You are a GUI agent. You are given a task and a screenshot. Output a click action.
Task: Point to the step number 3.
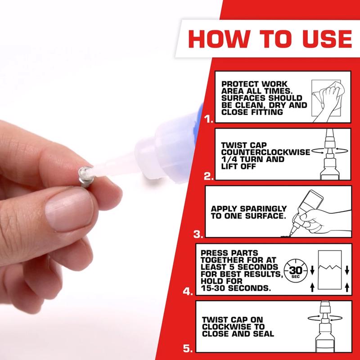click(198, 234)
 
